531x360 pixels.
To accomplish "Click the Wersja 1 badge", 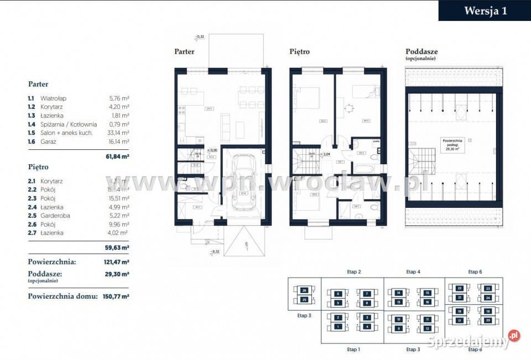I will (x=485, y=11).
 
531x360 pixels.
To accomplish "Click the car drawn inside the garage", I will (x=243, y=182).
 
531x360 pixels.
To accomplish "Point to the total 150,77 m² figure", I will (x=116, y=296).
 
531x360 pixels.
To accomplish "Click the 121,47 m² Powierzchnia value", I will (x=117, y=262).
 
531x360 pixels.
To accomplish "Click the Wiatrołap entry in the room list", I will (x=54, y=98).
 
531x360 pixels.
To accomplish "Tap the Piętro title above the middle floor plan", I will (x=299, y=52).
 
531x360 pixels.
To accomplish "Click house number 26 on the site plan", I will (x=304, y=290).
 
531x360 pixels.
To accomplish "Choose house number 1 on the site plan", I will (x=337, y=326).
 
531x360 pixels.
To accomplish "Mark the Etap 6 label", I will (x=475, y=272).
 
